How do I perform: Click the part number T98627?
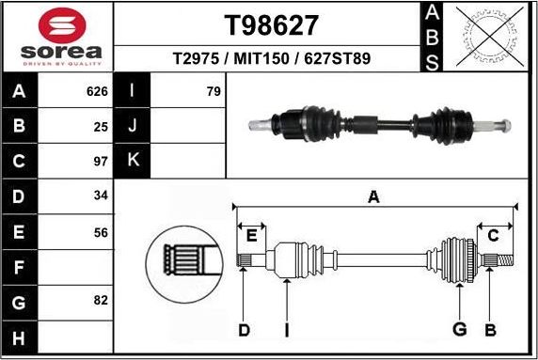pyautogui.click(x=271, y=23)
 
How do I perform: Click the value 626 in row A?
pyautogui.click(x=97, y=92)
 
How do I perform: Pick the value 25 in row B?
pyautogui.click(x=102, y=126)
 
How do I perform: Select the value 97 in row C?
pyautogui.click(x=102, y=161)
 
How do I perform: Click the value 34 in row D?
pyautogui.click(x=102, y=196)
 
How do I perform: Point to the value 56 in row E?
pyautogui.click(x=102, y=231)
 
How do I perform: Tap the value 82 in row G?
pyautogui.click(x=102, y=301)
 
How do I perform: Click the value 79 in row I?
pyautogui.click(x=213, y=92)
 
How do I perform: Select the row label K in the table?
pyautogui.click(x=133, y=161)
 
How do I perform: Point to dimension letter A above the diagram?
pyautogui.click(x=373, y=196)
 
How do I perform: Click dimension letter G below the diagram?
pyautogui.click(x=460, y=329)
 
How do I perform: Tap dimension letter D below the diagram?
pyautogui.click(x=244, y=329)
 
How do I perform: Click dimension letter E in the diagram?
pyautogui.click(x=251, y=236)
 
